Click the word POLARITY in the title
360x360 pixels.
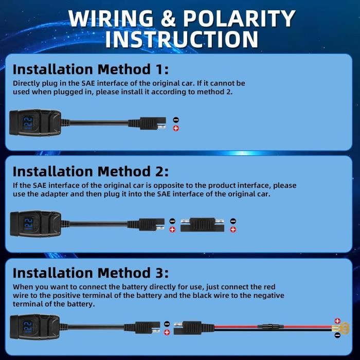(x=239, y=19)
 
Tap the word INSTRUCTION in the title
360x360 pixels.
(x=182, y=39)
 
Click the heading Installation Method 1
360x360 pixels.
(x=91, y=69)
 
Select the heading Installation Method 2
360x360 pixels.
(x=91, y=171)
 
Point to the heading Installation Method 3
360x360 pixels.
(x=91, y=273)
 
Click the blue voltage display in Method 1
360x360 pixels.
(x=28, y=123)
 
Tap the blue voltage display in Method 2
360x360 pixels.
(x=29, y=224)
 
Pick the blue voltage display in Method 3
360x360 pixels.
(x=28, y=327)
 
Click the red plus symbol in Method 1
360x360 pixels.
(x=176, y=128)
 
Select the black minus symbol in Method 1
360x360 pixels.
(x=176, y=120)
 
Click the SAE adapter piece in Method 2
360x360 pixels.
(x=202, y=225)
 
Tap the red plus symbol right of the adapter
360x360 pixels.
(x=233, y=229)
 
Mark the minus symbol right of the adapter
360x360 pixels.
(x=233, y=221)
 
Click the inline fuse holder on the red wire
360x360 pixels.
(x=271, y=326)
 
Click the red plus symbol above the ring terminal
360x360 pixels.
(x=337, y=321)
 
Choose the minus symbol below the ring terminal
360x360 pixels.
(x=337, y=335)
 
